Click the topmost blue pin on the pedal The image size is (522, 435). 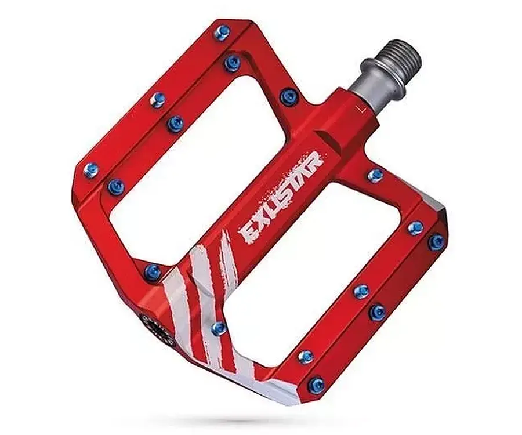point(220,32)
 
